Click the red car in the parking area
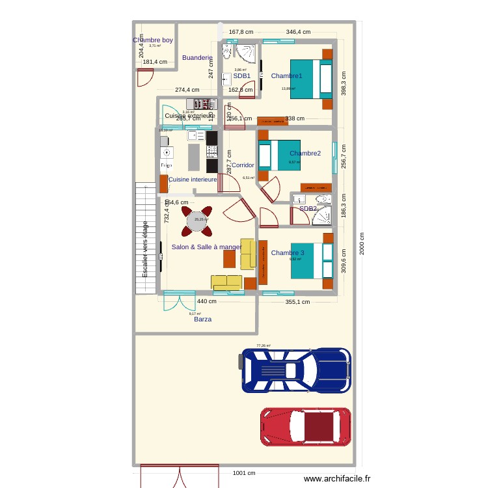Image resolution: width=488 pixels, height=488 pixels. tap(306, 427)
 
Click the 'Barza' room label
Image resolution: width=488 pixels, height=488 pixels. tap(202, 319)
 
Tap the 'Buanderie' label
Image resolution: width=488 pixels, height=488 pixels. tap(197, 58)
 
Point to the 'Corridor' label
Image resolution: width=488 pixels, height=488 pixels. tap(243, 165)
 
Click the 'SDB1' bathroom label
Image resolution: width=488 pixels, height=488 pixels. tap(241, 76)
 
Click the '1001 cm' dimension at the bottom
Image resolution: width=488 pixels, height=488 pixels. tap(244, 473)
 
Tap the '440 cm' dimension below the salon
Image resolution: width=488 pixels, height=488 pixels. tap(207, 302)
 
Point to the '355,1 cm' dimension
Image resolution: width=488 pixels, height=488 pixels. tap(297, 302)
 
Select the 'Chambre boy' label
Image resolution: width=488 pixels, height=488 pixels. tap(153, 40)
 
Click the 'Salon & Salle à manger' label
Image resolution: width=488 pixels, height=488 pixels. tap(206, 247)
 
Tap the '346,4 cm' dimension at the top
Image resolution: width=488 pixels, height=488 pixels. tap(298, 32)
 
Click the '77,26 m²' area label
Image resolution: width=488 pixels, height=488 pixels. tap(263, 346)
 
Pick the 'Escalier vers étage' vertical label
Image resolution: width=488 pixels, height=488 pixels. tap(145, 250)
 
